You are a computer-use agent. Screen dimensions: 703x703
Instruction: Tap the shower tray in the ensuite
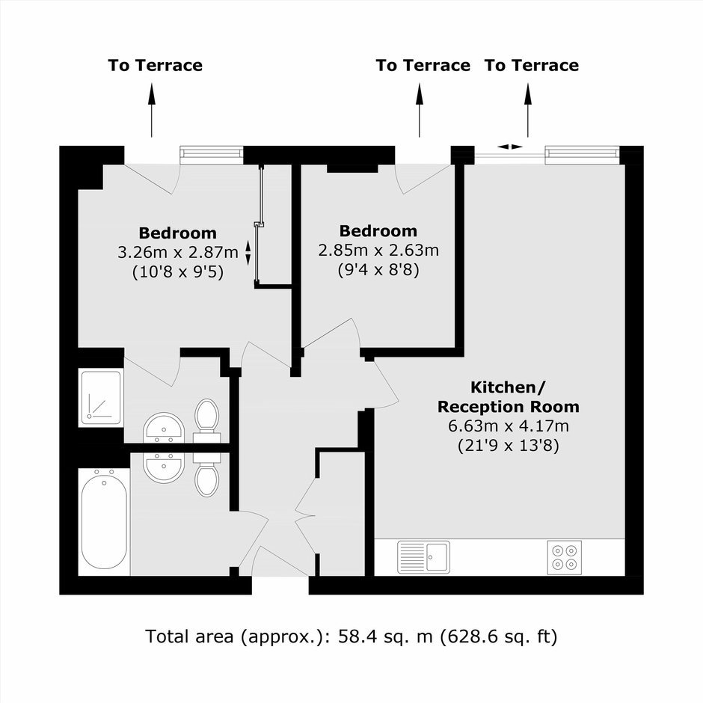[100, 398]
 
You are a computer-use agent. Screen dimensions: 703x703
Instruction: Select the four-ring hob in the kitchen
[565, 557]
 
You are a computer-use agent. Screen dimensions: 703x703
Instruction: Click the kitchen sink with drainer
[423, 557]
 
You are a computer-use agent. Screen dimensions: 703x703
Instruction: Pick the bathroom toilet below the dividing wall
[206, 474]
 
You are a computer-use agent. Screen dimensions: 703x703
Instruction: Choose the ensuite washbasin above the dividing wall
[164, 429]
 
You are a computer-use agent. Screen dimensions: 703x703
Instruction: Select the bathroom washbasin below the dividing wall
[164, 467]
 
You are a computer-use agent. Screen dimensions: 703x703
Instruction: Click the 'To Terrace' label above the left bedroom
[155, 66]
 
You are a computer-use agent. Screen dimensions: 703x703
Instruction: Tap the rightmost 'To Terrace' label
[532, 66]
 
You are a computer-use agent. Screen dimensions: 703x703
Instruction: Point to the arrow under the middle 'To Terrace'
[420, 110]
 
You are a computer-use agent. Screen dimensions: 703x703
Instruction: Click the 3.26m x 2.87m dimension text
[177, 253]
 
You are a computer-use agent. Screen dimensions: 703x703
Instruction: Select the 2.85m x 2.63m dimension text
[378, 251]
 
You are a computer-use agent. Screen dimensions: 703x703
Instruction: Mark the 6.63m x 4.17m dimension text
[509, 426]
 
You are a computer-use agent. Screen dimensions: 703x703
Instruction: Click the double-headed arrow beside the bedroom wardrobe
[248, 253]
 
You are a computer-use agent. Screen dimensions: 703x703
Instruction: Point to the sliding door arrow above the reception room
[510, 147]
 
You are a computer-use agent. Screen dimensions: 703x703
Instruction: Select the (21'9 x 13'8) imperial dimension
[509, 446]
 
